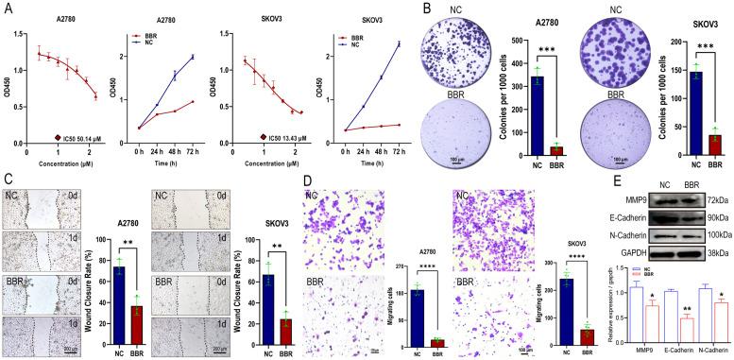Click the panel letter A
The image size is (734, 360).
pyautogui.click(x=8, y=8)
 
